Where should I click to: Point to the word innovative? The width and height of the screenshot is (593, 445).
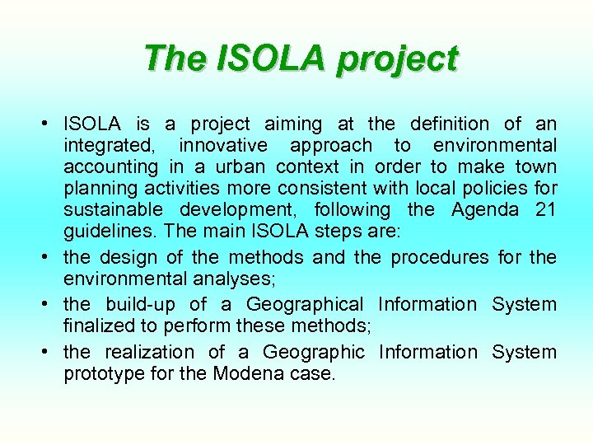point(223,146)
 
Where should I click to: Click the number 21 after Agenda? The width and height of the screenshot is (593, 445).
point(545,210)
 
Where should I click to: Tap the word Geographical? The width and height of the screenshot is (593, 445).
point(304,304)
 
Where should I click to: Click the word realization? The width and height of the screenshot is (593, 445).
point(150,352)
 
